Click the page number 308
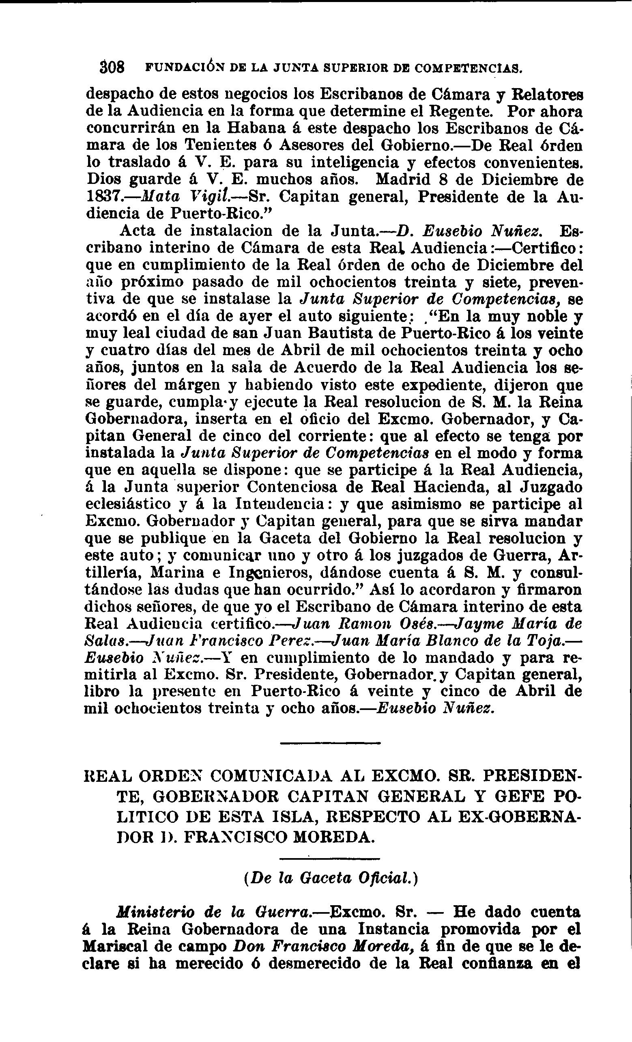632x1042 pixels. coord(112,67)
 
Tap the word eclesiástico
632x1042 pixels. coord(128,504)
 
